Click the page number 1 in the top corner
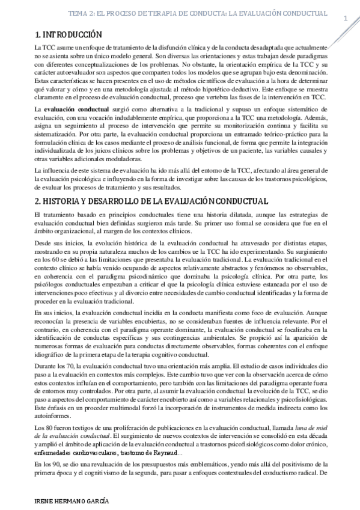[346, 18]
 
